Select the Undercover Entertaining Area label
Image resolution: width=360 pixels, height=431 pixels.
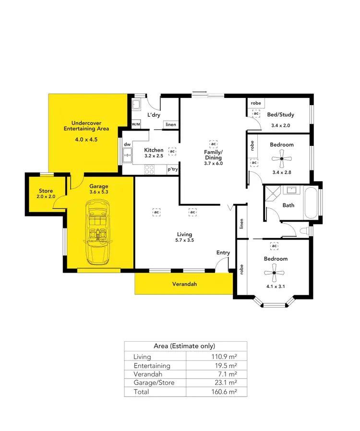tap(86, 126)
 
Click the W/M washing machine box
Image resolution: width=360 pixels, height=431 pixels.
tap(136, 124)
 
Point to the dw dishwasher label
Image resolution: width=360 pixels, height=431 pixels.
tap(127, 144)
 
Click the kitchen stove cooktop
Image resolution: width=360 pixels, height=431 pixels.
tap(149, 169)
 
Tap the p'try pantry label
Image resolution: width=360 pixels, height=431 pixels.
tap(172, 169)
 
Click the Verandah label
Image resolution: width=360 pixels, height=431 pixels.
tap(184, 284)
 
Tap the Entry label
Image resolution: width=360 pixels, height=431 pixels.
tap(223, 252)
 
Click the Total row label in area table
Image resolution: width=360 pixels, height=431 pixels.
tap(142, 392)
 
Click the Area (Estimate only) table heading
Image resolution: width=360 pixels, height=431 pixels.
tap(184, 346)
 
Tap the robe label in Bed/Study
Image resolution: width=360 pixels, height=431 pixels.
tap(256, 103)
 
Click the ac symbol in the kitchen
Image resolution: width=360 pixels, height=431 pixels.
tap(172, 151)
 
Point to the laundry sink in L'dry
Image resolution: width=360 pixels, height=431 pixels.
tap(136, 105)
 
